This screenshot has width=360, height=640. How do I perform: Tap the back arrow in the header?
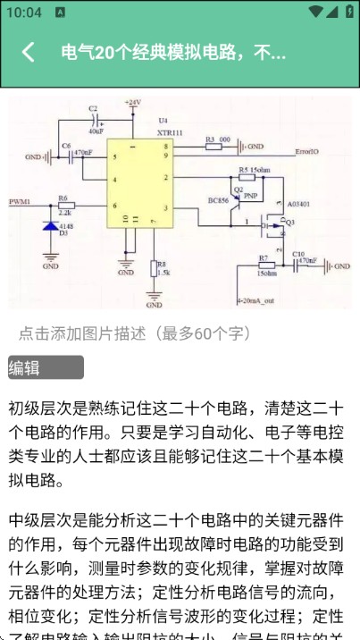[29, 52]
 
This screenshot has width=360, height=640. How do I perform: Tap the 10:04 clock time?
[23, 13]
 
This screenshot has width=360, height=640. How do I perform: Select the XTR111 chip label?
[169, 131]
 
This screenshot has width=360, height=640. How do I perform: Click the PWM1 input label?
[20, 202]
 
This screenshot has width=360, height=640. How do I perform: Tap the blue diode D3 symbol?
[51, 226]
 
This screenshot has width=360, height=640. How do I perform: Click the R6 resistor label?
[63, 198]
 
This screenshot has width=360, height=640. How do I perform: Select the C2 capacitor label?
[93, 108]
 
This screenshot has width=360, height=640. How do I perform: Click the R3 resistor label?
[211, 139]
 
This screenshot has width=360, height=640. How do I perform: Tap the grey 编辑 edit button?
[46, 367]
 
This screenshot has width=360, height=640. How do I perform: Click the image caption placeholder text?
[135, 333]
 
